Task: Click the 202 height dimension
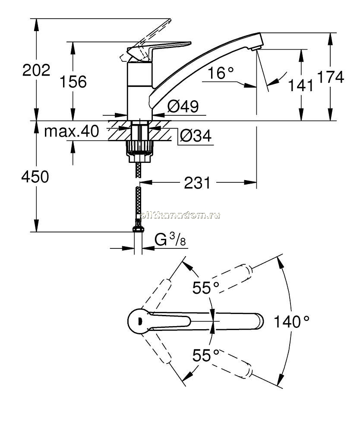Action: tap(36, 70)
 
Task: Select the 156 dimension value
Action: tap(73, 82)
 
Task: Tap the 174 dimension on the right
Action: tap(331, 77)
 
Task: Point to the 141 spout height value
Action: tap(301, 85)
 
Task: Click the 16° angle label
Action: tap(221, 73)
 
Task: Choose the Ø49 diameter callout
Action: tap(183, 106)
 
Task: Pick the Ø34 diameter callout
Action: tap(196, 136)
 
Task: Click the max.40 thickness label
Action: tap(72, 131)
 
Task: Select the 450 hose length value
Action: tap(35, 177)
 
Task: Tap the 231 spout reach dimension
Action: tap(197, 183)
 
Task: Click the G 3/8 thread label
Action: tap(170, 239)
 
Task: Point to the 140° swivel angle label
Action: tap(291, 321)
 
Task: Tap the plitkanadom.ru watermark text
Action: tap(180, 215)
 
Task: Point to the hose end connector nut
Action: tap(138, 229)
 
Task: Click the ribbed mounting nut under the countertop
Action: tap(139, 146)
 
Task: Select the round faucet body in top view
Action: tap(139, 321)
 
